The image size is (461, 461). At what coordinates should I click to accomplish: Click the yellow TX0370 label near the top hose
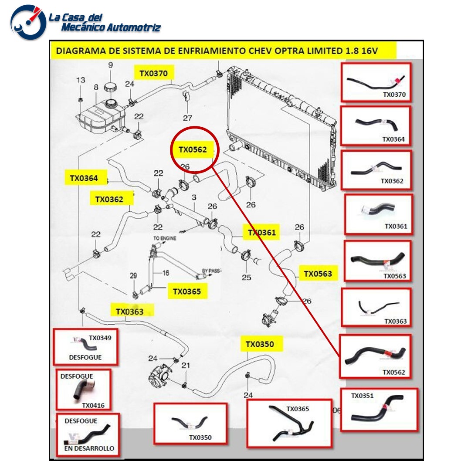153,73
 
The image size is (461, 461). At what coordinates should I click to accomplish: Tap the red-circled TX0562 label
192,150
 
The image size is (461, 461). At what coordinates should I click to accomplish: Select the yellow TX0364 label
84,178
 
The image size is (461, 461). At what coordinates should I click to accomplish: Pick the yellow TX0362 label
109,200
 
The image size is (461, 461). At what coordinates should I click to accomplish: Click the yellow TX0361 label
262,233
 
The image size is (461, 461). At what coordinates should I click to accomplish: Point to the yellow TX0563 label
318,274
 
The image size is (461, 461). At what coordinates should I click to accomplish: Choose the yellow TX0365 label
187,292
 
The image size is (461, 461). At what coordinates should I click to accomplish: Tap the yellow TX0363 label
129,311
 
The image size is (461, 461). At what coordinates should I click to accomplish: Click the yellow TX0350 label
260,344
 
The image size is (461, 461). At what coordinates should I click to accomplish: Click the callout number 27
187,118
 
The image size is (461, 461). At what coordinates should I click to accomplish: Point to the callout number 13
81,80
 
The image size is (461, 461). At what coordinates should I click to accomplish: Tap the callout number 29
133,275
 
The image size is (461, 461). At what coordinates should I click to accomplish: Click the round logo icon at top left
28,22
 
